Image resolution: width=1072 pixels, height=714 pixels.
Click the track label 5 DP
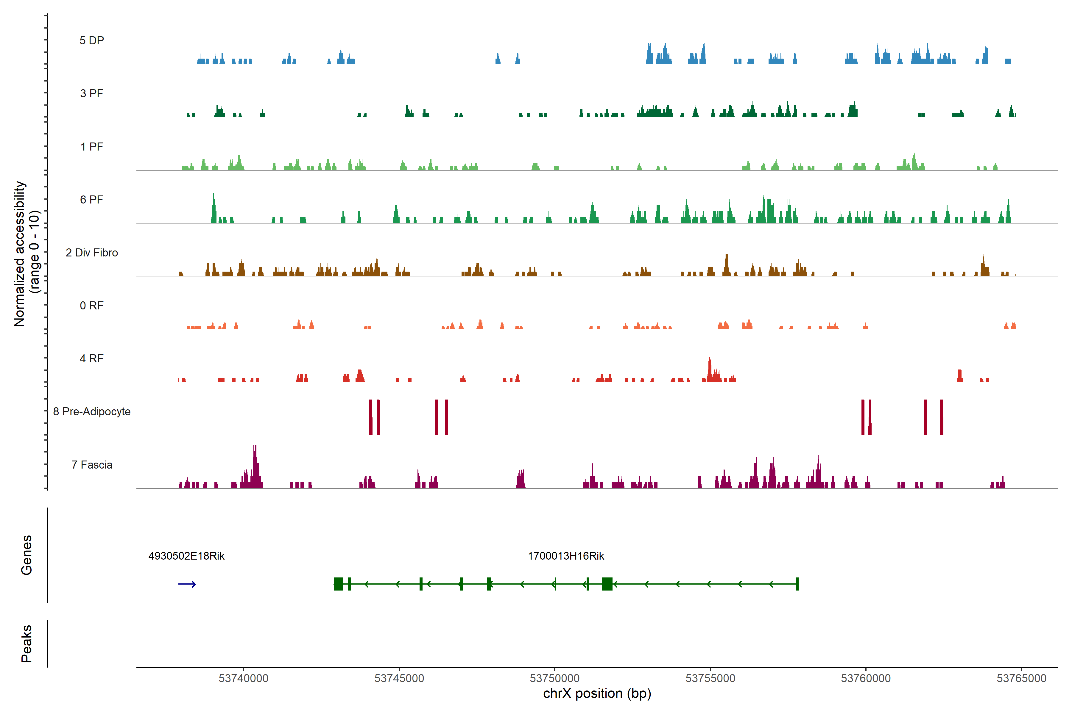92,40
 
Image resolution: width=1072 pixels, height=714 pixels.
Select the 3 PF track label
92,93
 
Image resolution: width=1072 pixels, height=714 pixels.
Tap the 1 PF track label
92,147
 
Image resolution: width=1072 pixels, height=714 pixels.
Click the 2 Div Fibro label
92,253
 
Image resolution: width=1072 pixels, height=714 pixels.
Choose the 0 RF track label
92,306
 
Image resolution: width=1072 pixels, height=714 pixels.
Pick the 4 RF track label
92,358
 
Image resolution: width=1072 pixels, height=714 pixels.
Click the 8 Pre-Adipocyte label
92,412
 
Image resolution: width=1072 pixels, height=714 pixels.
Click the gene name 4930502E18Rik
186,556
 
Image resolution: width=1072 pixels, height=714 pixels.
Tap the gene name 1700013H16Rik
565,556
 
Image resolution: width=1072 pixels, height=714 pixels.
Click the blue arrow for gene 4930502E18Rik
187,584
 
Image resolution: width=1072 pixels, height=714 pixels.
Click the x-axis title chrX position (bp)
597,693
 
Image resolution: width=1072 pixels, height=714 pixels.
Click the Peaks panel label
27,643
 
